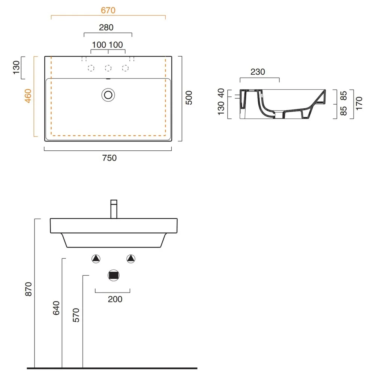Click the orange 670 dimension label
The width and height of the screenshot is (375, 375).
[x=108, y=10]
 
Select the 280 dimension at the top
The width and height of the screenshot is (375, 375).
[x=106, y=27]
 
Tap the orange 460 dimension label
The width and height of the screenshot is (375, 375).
[x=28, y=96]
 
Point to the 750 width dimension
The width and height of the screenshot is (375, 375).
[x=109, y=158]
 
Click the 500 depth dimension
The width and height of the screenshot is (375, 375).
[x=189, y=98]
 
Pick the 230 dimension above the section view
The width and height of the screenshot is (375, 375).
[x=258, y=72]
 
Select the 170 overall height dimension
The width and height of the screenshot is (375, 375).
[x=359, y=103]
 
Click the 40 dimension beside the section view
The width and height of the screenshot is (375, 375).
[x=221, y=93]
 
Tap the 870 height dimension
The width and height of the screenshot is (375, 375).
[x=28, y=289]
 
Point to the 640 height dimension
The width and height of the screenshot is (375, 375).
[x=56, y=308]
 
